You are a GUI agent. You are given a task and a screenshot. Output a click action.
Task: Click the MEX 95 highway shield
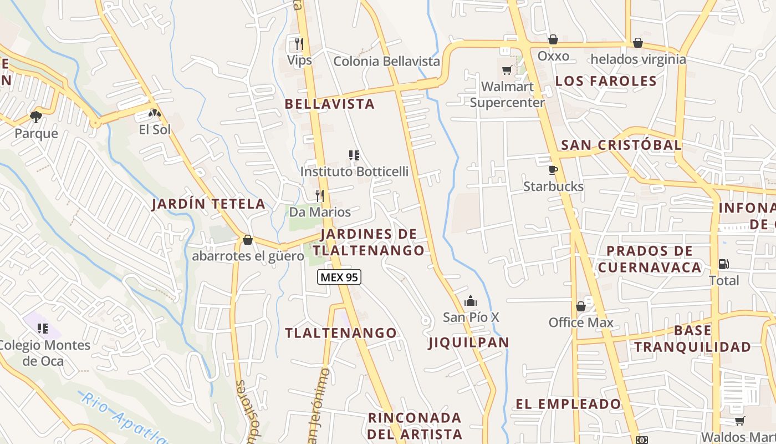tap(339, 277)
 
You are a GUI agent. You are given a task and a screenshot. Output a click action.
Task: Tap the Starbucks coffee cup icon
tap(553, 170)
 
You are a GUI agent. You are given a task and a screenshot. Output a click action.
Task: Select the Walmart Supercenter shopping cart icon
tap(507, 70)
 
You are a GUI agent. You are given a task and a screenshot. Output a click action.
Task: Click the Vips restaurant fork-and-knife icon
tap(299, 43)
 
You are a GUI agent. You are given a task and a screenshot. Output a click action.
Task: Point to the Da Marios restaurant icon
tap(319, 195)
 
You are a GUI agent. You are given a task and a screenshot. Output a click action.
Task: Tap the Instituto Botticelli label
tap(354, 171)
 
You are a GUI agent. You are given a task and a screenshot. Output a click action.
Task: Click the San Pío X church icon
tap(471, 301)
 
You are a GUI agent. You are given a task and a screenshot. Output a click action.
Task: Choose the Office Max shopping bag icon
tap(581, 306)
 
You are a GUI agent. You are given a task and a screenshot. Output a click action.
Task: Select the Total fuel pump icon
tap(723, 264)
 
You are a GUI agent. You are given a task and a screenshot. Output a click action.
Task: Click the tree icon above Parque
tap(36, 117)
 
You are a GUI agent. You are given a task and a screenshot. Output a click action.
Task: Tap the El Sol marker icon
tap(155, 113)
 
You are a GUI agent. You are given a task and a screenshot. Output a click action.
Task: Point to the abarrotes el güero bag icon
tap(248, 240)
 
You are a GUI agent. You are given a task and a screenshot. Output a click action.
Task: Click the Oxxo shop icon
tap(553, 39)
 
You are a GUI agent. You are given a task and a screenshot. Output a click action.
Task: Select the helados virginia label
tap(638, 59)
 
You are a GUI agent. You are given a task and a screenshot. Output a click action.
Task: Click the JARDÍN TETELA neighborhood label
tap(208, 204)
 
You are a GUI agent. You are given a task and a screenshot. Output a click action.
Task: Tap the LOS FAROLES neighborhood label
tap(606, 81)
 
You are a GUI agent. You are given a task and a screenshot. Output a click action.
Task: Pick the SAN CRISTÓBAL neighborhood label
tap(621, 145)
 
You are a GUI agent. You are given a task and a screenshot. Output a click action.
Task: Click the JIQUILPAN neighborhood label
tap(469, 342)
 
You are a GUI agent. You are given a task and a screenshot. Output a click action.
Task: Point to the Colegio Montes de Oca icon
tap(43, 329)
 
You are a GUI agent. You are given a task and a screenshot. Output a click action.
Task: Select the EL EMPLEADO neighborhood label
tap(568, 404)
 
